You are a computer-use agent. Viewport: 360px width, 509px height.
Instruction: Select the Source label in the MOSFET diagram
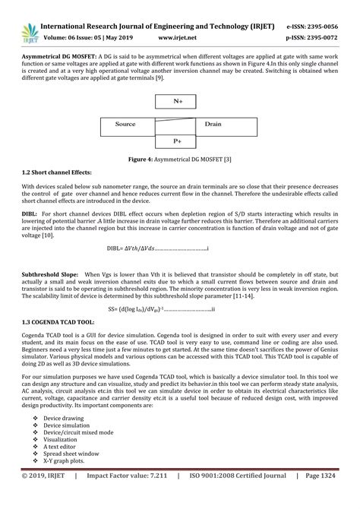pyautogui.click(x=125, y=123)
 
